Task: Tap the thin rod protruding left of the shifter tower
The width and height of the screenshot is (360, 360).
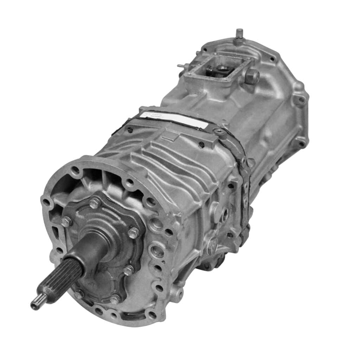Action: point(182,66)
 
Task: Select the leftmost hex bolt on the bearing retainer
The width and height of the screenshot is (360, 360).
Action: point(66,221)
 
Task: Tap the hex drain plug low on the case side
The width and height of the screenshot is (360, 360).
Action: point(212,245)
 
